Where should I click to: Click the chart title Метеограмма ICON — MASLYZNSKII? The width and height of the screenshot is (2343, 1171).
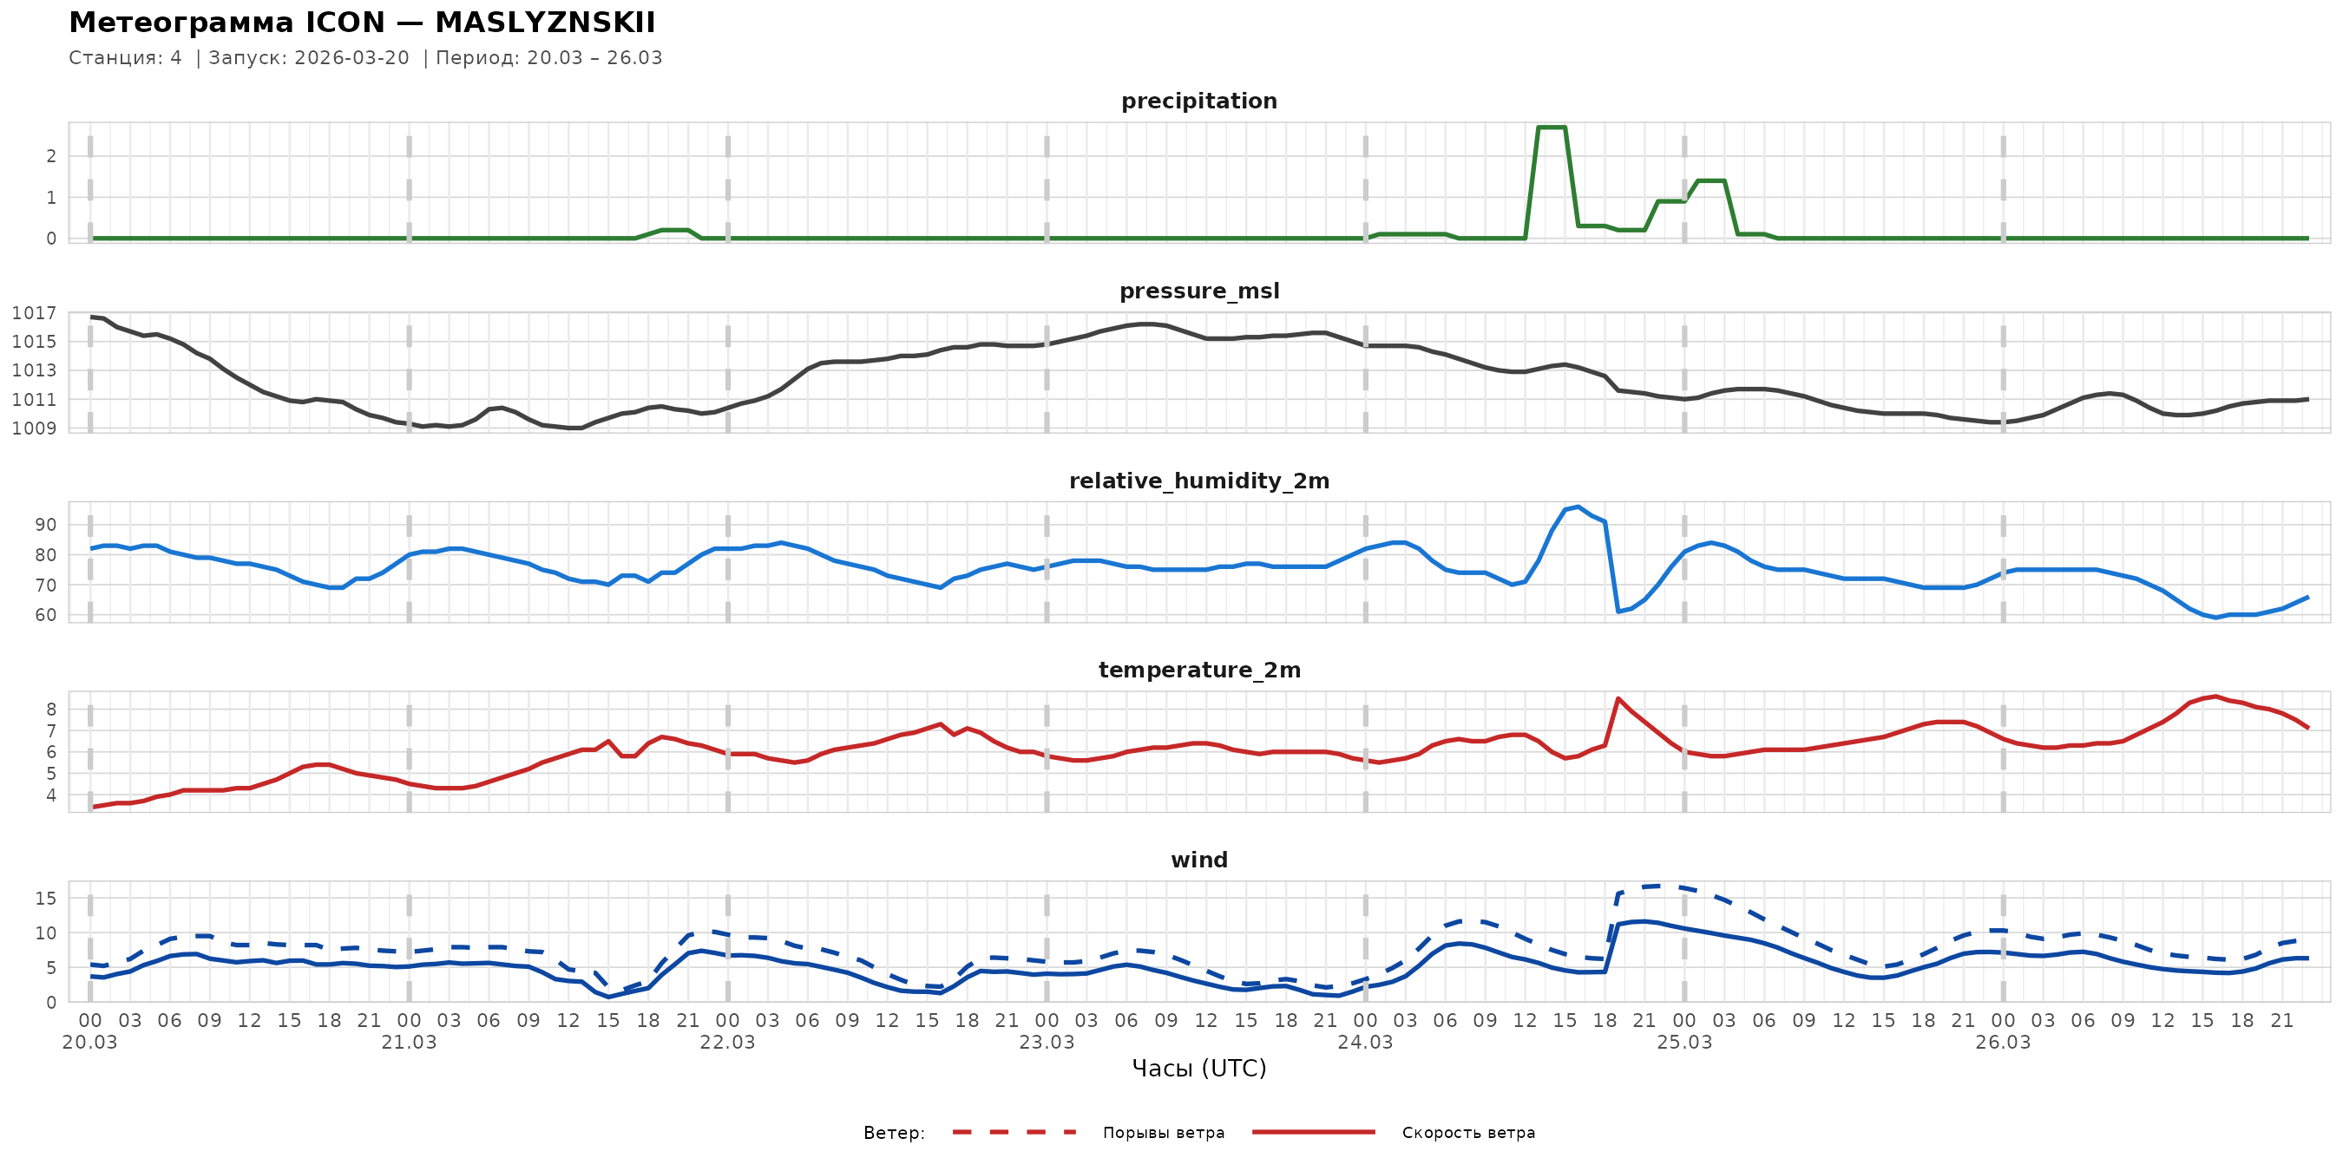pos(362,23)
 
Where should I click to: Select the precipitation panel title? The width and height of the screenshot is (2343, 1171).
pos(1198,101)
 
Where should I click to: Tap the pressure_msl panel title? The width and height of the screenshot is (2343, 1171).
pos(1198,291)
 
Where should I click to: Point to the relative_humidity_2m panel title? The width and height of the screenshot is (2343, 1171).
pos(1198,481)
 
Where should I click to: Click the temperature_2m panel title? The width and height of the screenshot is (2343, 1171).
pos(1198,670)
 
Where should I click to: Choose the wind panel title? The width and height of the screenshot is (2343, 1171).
pos(1198,860)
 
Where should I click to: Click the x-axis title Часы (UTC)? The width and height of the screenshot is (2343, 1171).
pos(1198,1069)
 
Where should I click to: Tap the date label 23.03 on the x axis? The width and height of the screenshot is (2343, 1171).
pos(1046,1043)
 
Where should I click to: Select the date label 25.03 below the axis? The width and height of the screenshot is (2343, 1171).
pos(1683,1043)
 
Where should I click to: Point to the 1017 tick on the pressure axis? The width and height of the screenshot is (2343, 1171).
pos(34,313)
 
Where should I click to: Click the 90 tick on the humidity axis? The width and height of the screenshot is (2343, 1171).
pos(45,525)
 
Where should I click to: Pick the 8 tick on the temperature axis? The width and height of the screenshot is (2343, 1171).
pos(51,710)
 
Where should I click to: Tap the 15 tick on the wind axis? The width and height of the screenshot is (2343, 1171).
pos(45,899)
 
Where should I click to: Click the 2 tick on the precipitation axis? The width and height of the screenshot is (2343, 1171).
pos(51,156)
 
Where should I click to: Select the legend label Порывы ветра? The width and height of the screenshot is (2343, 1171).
pos(1164,1133)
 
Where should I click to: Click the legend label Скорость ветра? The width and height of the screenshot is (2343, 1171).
pos(1468,1133)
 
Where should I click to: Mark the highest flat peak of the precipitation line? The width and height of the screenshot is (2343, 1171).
pos(1551,128)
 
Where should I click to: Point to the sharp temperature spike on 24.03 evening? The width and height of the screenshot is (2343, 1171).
pos(1618,698)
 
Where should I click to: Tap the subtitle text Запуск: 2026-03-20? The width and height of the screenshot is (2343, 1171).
pos(309,58)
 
